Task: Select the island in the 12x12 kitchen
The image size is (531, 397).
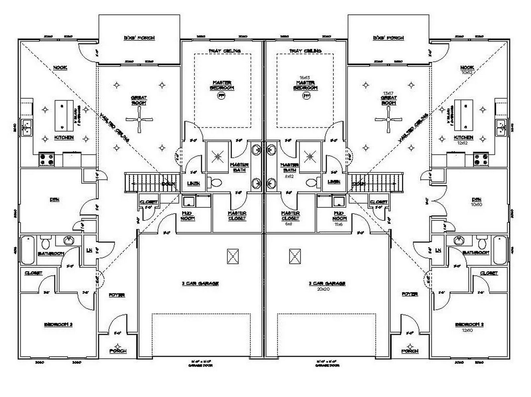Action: coord(464,115)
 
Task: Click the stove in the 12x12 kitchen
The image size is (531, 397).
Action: coord(481,159)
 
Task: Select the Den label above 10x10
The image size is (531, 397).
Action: coord(476,200)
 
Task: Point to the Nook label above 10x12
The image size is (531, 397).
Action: coord(467,67)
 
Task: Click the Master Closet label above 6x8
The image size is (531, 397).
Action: coord(290,216)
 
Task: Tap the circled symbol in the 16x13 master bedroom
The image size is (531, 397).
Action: coord(306,96)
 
